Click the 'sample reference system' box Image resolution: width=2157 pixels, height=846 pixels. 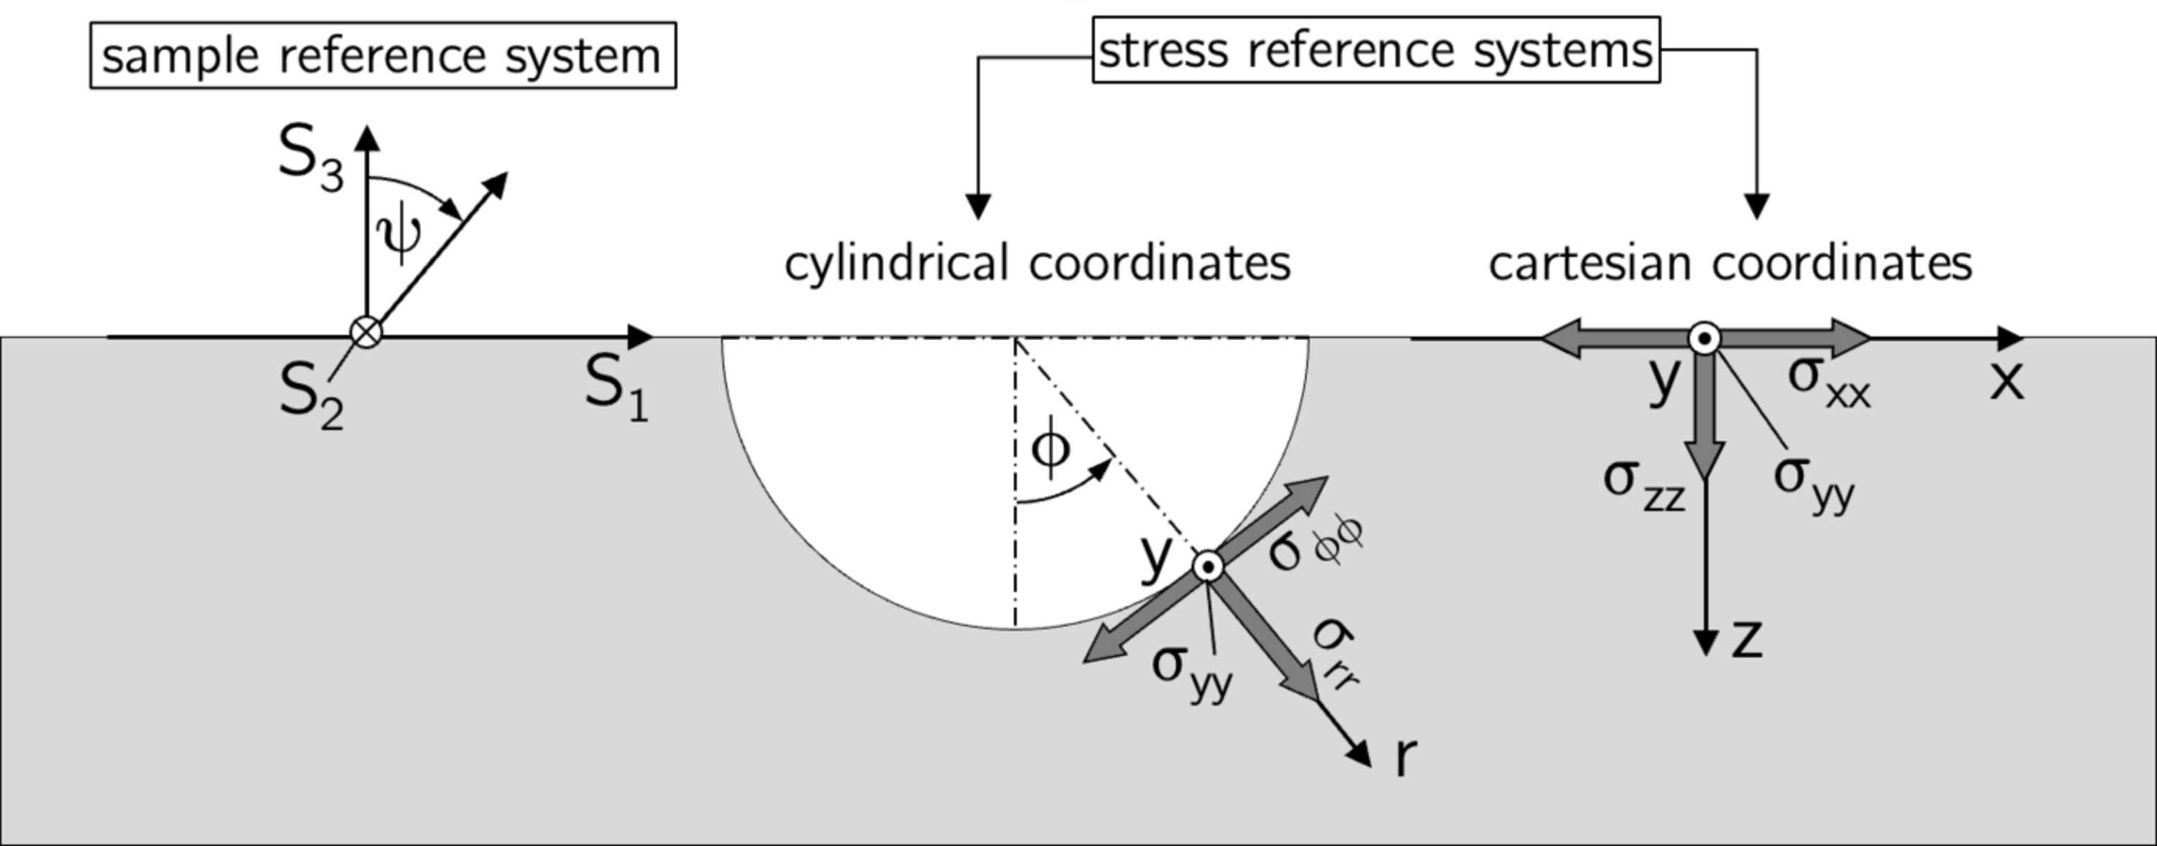pyautogui.click(x=383, y=55)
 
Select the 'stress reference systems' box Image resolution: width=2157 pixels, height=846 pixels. pyautogui.click(x=1375, y=50)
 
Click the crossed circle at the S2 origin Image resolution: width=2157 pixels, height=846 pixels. pyautogui.click(x=366, y=332)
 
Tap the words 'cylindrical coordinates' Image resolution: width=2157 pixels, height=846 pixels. pyautogui.click(x=1038, y=263)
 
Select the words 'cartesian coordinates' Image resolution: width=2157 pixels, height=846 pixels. pyautogui.click(x=1730, y=263)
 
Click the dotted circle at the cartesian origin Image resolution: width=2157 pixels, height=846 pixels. pyautogui.click(x=1704, y=340)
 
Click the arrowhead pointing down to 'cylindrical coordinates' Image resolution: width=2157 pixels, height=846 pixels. pyautogui.click(x=979, y=207)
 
